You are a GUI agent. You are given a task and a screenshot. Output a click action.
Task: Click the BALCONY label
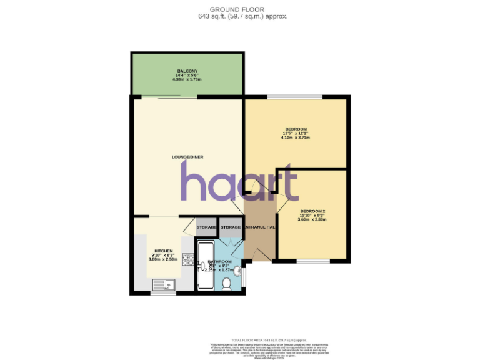(187, 71)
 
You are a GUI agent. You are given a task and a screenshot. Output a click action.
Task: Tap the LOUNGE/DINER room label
(187, 156)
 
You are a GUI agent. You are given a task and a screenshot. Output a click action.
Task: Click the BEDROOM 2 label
(312, 211)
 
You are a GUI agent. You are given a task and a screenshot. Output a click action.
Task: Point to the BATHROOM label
(219, 261)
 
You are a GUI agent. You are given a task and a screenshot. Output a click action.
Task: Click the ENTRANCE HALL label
(260, 227)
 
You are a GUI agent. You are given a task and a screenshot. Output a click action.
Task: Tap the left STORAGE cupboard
(206, 227)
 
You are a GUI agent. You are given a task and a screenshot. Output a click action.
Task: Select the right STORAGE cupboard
(230, 227)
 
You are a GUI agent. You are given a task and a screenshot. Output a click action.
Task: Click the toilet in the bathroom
(226, 284)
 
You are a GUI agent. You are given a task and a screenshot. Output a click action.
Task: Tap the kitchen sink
(163, 285)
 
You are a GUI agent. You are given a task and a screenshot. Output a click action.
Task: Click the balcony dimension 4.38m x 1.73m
(187, 80)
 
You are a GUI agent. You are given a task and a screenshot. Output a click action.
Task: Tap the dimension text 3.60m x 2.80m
(312, 220)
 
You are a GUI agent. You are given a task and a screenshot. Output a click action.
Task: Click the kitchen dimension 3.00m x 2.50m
(164, 259)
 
